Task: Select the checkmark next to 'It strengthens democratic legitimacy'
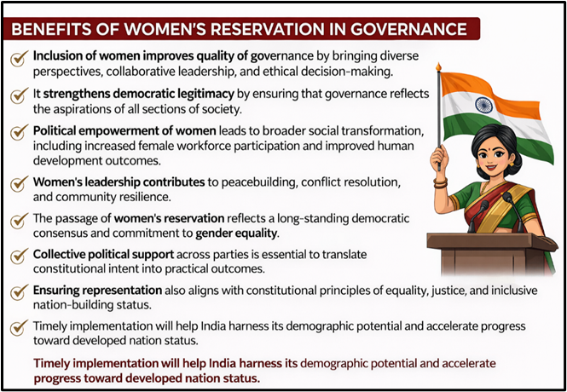coord(18,95)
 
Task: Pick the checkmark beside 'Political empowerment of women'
coord(18,134)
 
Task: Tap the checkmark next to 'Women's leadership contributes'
coord(18,184)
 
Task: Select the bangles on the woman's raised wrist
coord(440,181)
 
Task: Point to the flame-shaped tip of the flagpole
coord(438,66)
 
